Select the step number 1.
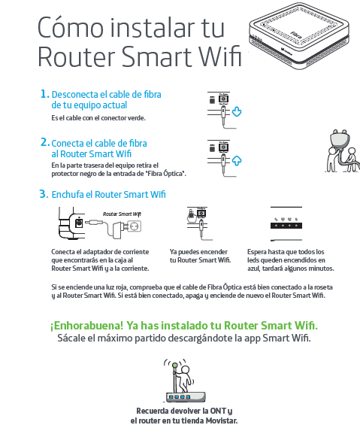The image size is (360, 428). click(x=44, y=95)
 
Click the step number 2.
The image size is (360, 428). click(x=44, y=141)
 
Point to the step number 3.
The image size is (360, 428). click(x=44, y=194)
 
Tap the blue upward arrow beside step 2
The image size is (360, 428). click(x=237, y=159)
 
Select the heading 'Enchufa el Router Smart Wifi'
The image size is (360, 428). click(x=108, y=194)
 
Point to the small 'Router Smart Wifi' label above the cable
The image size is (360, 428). click(x=122, y=214)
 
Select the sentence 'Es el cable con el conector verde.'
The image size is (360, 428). click(x=98, y=118)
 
